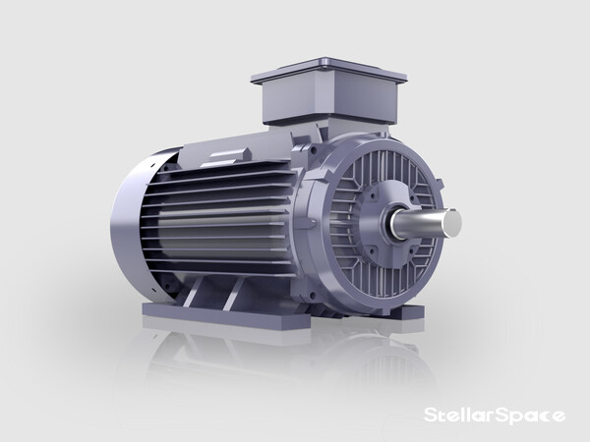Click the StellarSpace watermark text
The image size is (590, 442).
[493, 415]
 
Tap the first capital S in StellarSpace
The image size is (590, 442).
[430, 415]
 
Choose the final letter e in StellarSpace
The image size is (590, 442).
[559, 416]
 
